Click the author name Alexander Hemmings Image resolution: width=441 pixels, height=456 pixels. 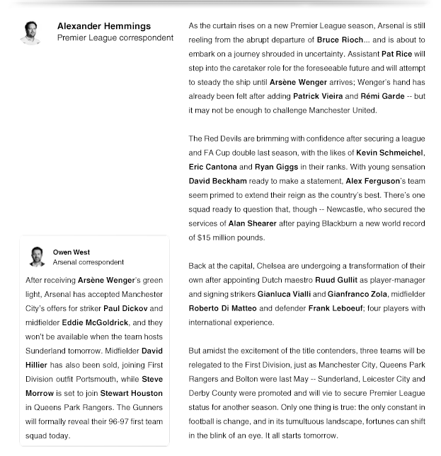tap(103, 26)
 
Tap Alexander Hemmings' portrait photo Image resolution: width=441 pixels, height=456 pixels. tap(30, 32)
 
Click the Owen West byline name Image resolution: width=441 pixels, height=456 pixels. tap(71, 252)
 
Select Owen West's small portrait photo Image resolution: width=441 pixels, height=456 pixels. tap(38, 257)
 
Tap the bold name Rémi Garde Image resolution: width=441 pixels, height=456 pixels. tap(382, 96)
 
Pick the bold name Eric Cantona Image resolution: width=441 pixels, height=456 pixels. tap(213, 167)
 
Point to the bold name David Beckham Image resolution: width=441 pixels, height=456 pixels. tap(218, 181)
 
